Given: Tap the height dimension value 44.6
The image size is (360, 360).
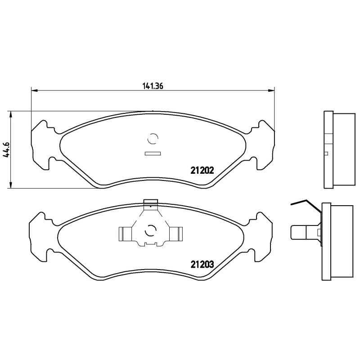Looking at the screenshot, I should [6, 148].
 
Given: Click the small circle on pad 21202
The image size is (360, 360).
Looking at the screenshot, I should [153, 139].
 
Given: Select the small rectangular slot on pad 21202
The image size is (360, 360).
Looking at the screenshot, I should [153, 154].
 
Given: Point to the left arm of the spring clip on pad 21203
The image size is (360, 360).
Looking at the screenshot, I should [125, 233].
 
